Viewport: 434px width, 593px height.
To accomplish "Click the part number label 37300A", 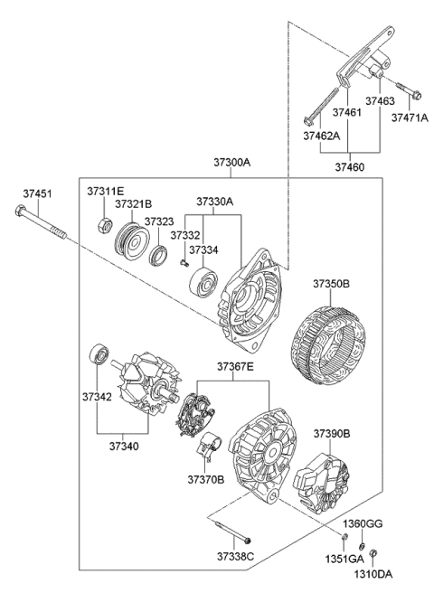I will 231,163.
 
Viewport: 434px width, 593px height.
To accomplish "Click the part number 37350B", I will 332,283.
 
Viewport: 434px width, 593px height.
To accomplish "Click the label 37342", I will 98,396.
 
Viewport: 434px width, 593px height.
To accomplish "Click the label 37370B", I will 206,478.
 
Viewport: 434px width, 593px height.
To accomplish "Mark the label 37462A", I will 320,137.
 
